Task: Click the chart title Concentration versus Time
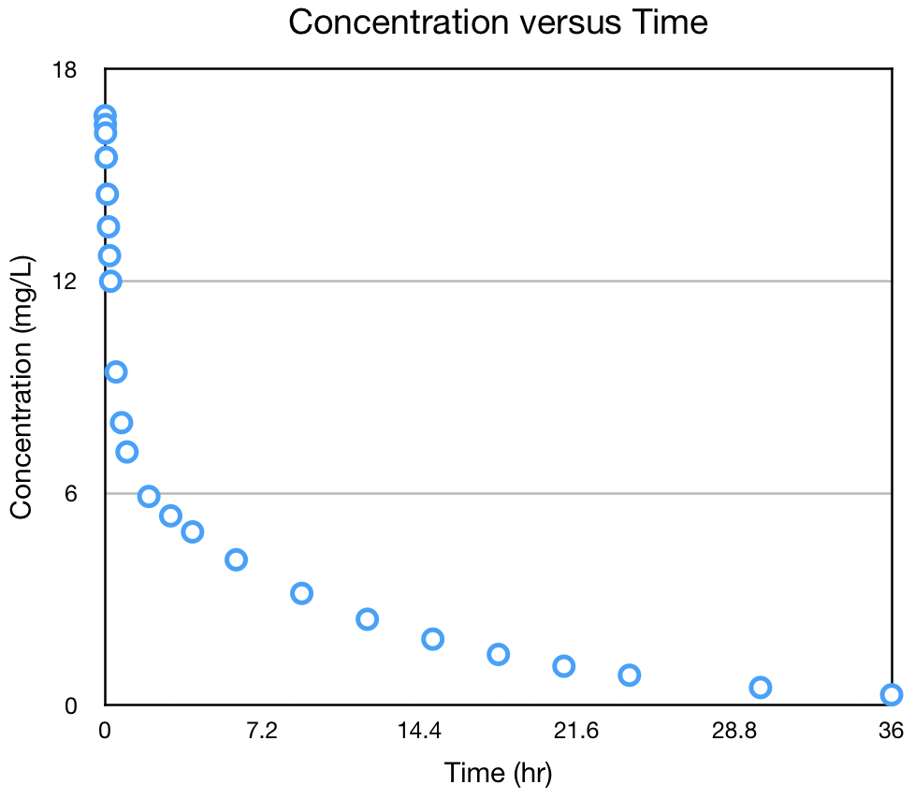pyautogui.click(x=498, y=22)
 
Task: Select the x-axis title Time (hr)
pyautogui.click(x=498, y=774)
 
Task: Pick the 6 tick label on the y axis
pyautogui.click(x=69, y=493)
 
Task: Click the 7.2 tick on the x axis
pyautogui.click(x=262, y=732)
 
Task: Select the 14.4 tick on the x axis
pyautogui.click(x=419, y=732)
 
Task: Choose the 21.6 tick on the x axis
pyautogui.click(x=576, y=732)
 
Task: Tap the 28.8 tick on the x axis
pyautogui.click(x=733, y=732)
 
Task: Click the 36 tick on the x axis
pyautogui.click(x=891, y=732)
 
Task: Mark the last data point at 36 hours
pyautogui.click(x=891, y=694)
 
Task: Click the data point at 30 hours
pyautogui.click(x=761, y=688)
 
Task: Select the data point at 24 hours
pyautogui.click(x=630, y=675)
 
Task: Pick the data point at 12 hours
pyautogui.click(x=367, y=618)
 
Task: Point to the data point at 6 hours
pyautogui.click(x=236, y=559)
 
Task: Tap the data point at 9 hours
pyautogui.click(x=301, y=593)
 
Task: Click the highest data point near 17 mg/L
pyautogui.click(x=105, y=116)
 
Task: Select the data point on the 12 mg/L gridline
pyautogui.click(x=110, y=281)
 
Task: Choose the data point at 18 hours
pyautogui.click(x=499, y=654)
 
